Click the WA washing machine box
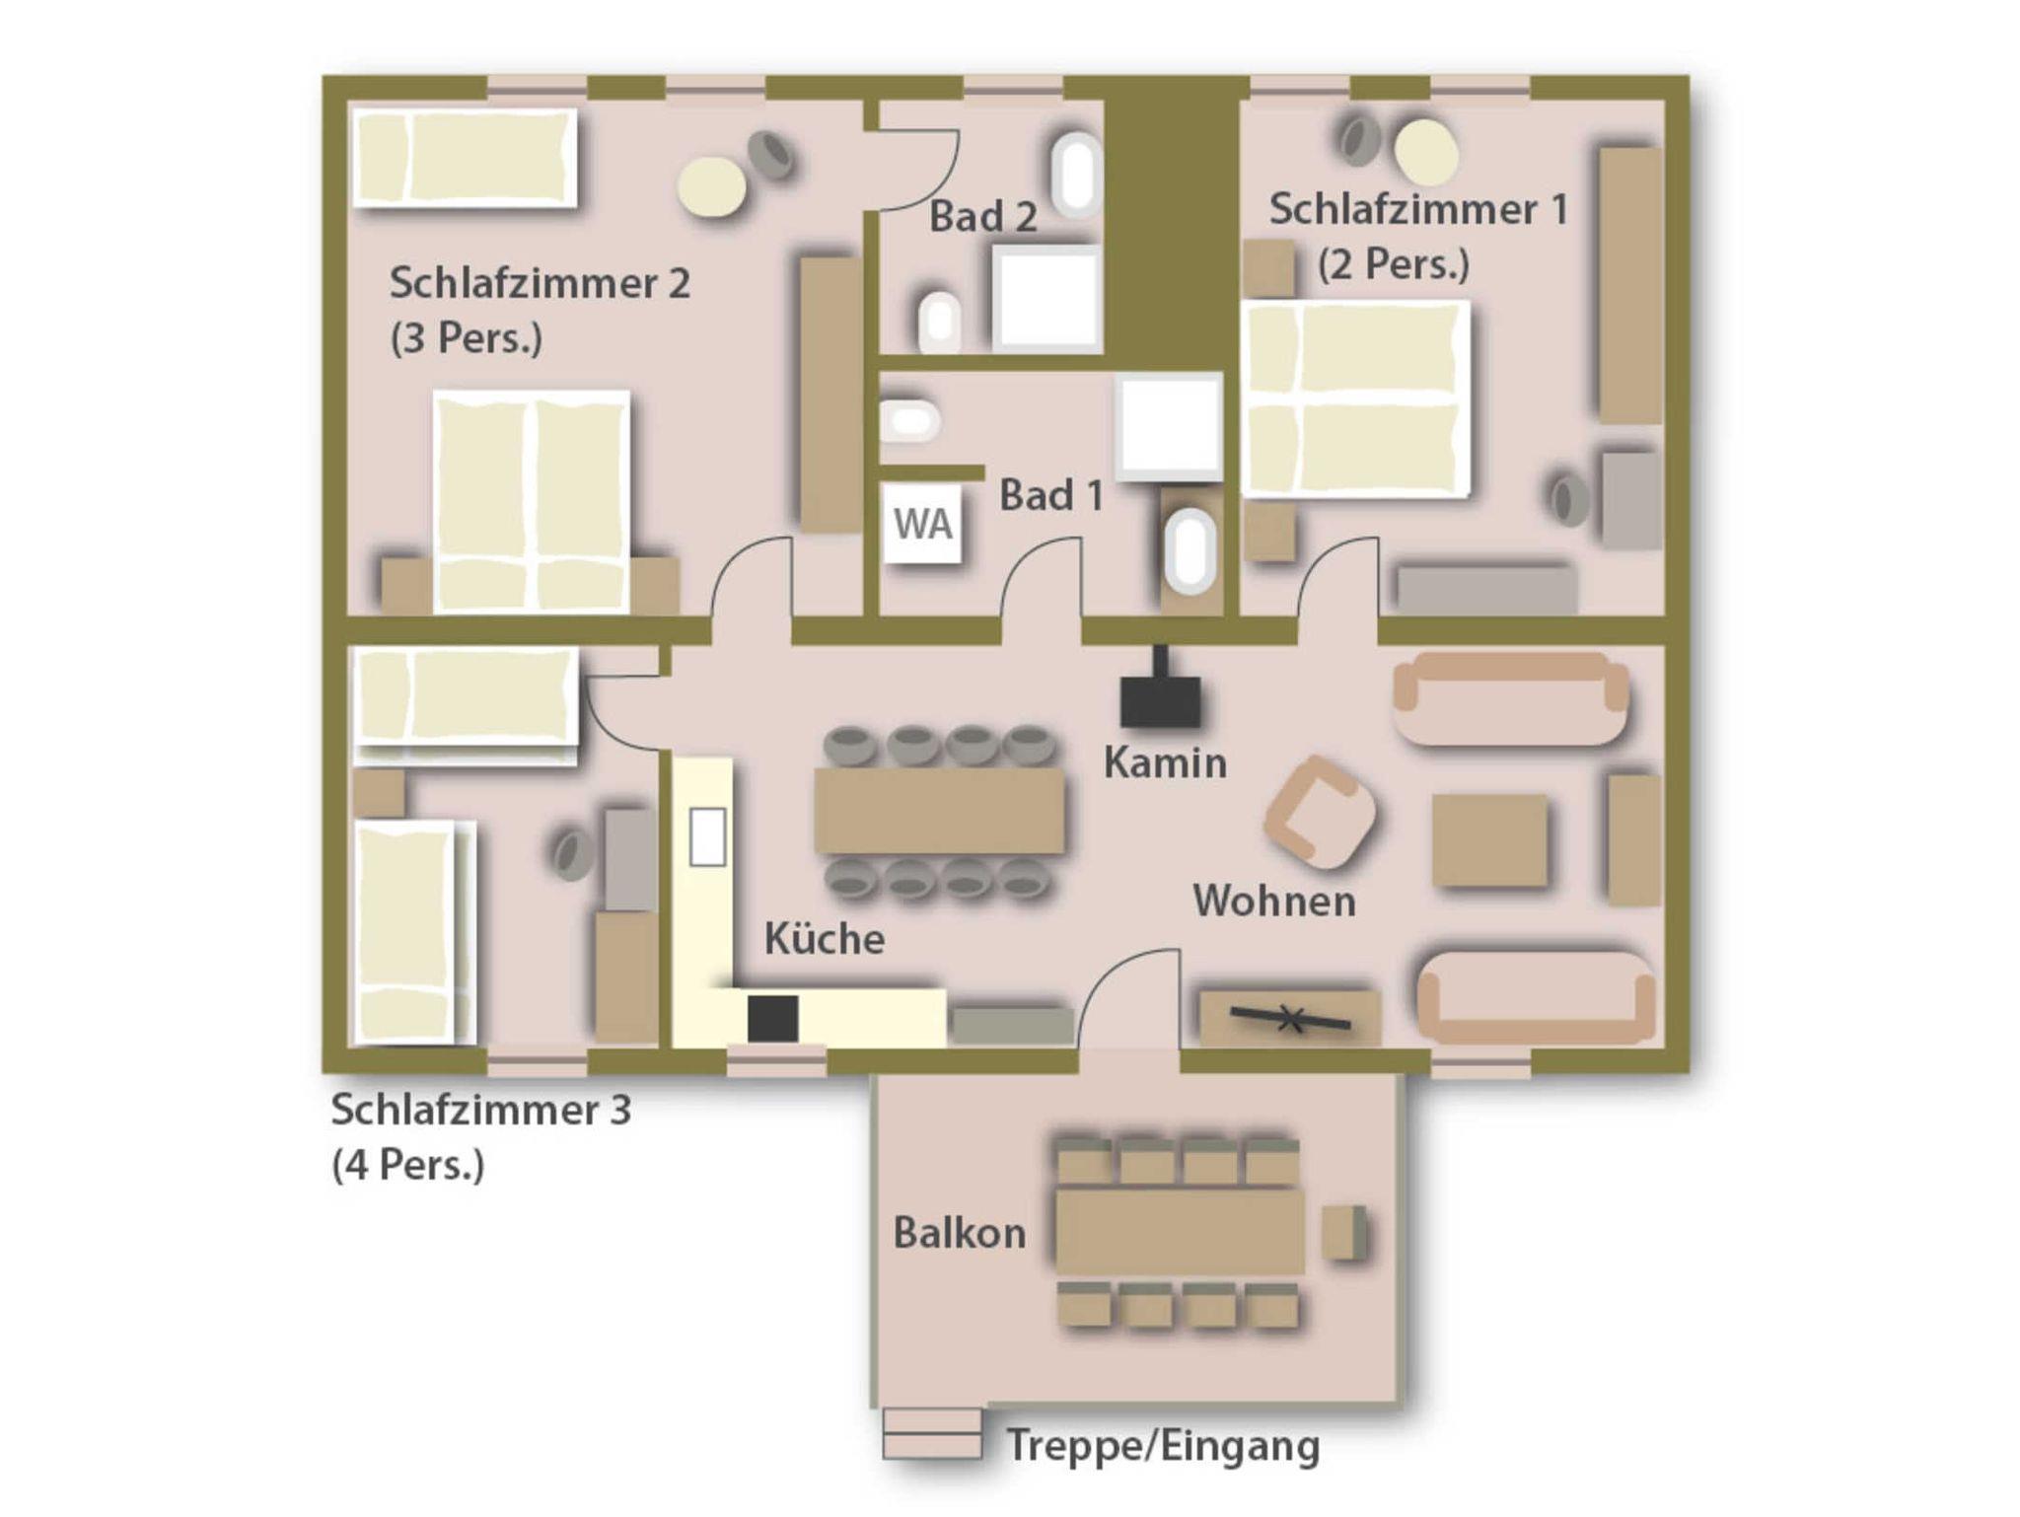(922, 523)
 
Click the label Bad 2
(983, 217)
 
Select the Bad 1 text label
(1051, 495)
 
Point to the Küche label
(825, 938)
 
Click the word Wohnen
(1274, 901)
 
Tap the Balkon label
(960, 1233)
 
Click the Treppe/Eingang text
(1163, 1446)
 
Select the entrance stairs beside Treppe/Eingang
(933, 1433)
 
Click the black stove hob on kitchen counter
(772, 1019)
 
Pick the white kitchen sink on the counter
(707, 836)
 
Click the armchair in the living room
(1320, 807)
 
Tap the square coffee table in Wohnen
(1489, 840)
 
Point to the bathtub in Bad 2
(1076, 176)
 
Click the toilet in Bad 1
(908, 421)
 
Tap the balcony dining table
(1180, 1231)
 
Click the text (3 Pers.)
(467, 338)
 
